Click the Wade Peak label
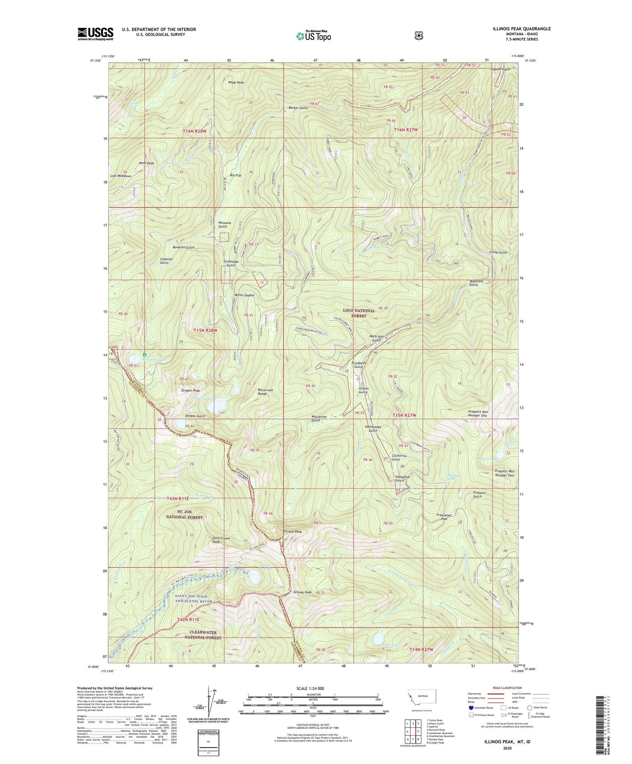236,83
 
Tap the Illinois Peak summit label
293,531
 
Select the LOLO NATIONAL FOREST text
359,313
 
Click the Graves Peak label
303,592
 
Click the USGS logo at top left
95,33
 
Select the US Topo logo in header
313,36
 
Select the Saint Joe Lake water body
254,577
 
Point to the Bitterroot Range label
265,392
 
